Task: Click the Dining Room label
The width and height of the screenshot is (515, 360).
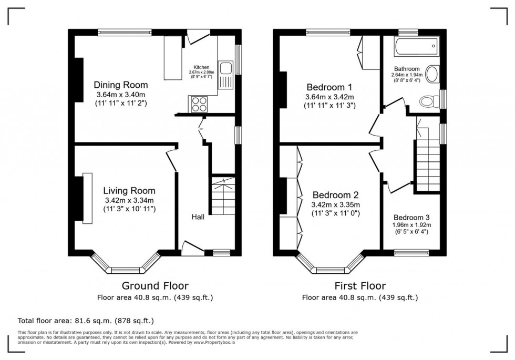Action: pyautogui.click(x=120, y=85)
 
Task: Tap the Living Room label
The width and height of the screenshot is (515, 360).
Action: pyautogui.click(x=129, y=191)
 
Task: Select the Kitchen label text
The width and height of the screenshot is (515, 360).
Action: pyautogui.click(x=202, y=67)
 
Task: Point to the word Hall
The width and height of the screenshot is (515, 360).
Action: pyautogui.click(x=198, y=217)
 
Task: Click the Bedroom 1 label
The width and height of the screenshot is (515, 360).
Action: pyautogui.click(x=330, y=87)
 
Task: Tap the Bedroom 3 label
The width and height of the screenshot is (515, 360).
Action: pyautogui.click(x=411, y=218)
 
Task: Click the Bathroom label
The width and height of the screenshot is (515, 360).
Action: pyautogui.click(x=407, y=69)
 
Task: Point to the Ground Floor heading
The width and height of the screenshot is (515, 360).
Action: pyautogui.click(x=155, y=286)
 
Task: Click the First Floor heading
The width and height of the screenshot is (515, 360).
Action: pyautogui.click(x=360, y=286)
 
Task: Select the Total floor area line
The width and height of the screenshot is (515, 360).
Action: pyautogui.click(x=86, y=320)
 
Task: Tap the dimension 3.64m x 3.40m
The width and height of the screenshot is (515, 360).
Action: pyautogui.click(x=120, y=95)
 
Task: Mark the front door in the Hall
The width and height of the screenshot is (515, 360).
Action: pyautogui.click(x=192, y=249)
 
